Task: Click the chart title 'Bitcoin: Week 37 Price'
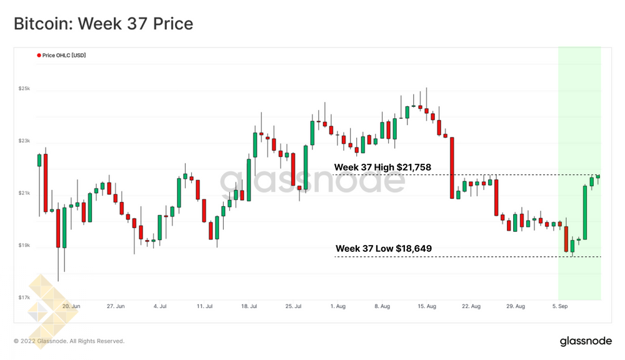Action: pos(103,24)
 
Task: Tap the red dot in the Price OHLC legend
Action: pos(39,56)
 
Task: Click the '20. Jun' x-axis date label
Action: pos(71,307)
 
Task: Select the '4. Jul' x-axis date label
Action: pos(159,307)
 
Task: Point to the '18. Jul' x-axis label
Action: pos(249,307)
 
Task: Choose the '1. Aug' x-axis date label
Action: pos(337,307)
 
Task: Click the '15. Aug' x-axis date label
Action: pos(427,307)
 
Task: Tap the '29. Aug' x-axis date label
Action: pos(516,307)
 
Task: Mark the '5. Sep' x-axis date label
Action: pos(560,307)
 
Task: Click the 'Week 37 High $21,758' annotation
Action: pos(382,167)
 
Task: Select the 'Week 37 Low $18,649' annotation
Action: pos(383,249)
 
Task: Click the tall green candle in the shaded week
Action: pos(586,212)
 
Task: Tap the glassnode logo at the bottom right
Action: pos(586,341)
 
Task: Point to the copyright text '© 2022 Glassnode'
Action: pos(69,341)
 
